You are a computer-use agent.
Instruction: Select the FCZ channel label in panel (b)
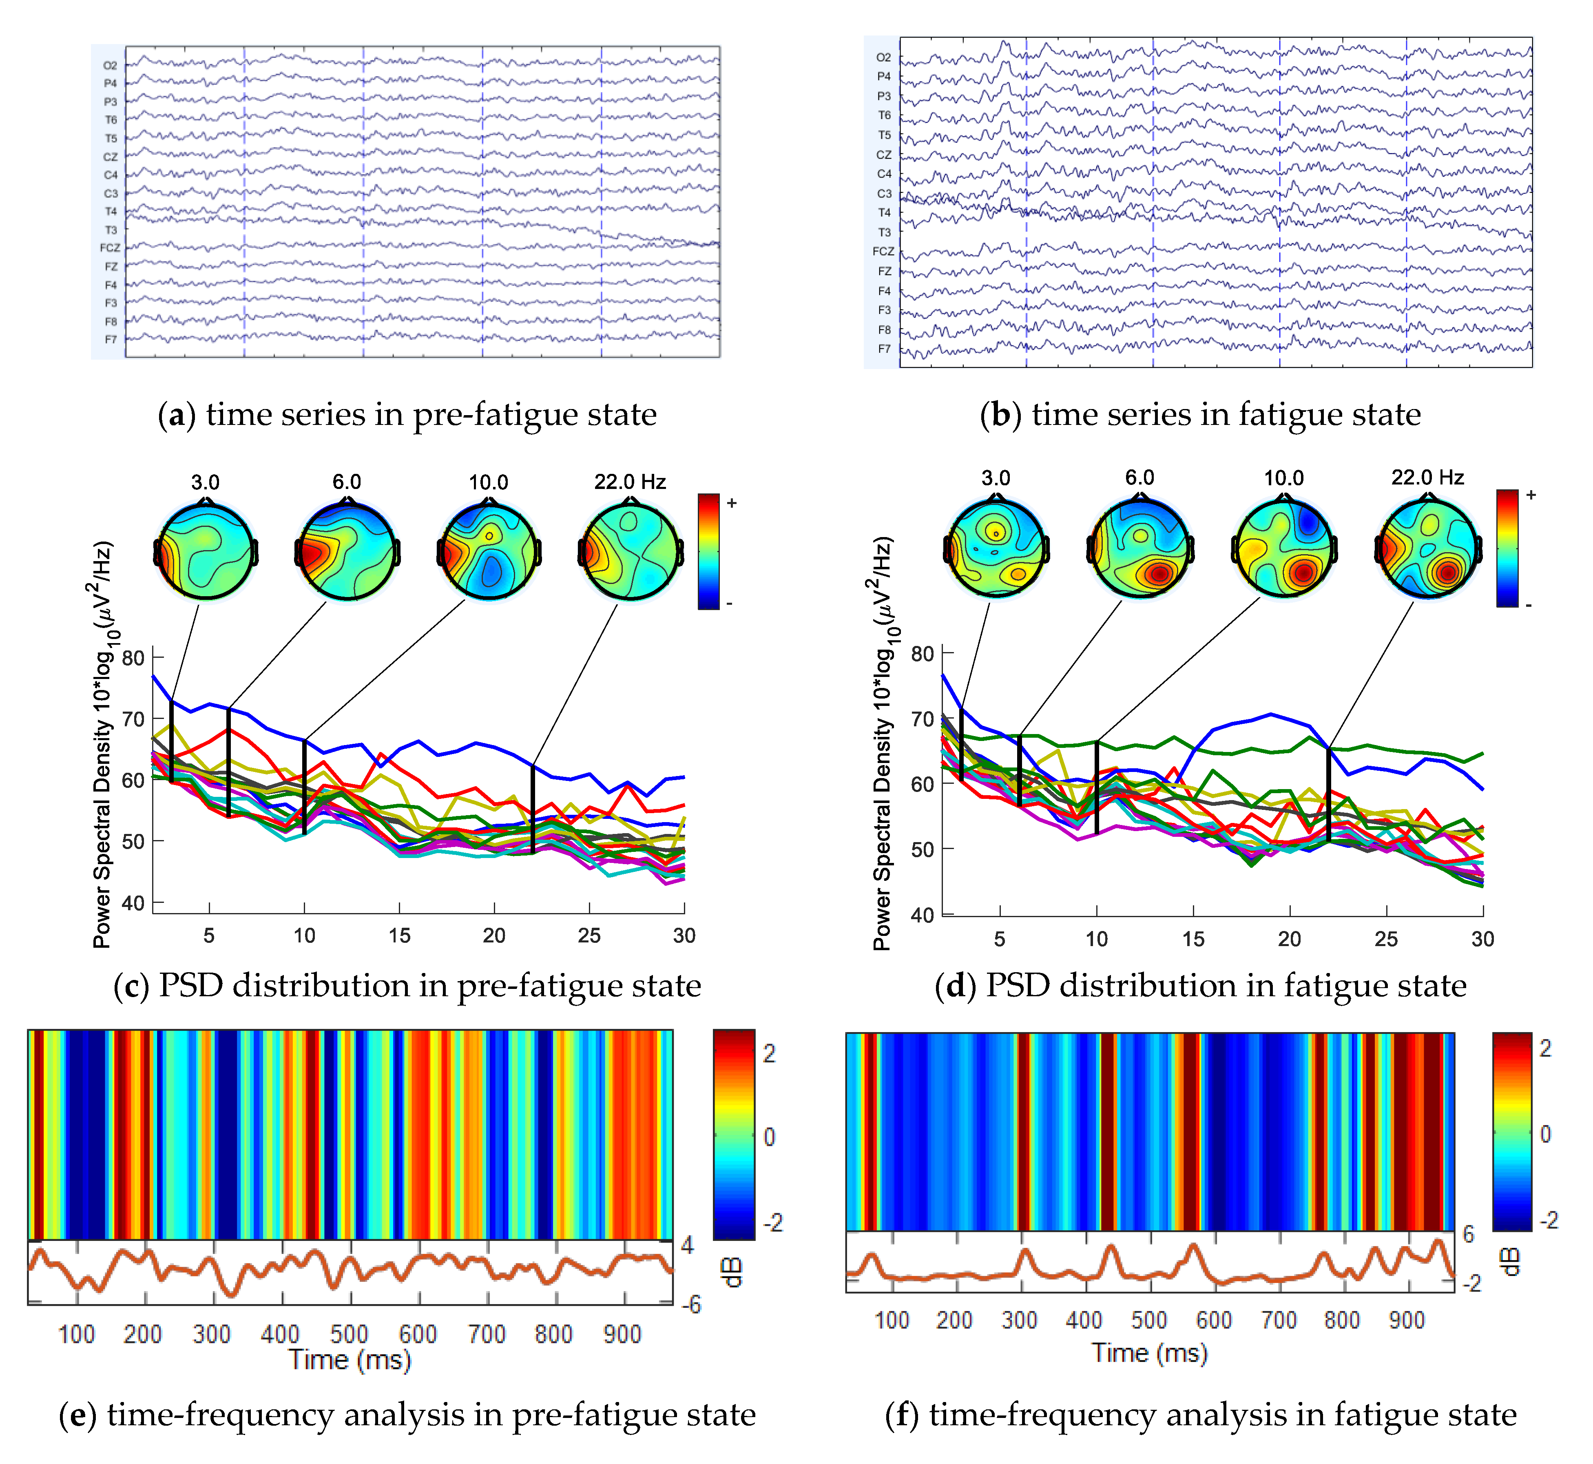[883, 251]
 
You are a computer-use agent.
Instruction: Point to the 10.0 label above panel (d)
[1283, 478]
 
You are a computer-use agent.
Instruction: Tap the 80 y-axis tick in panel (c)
[133, 657]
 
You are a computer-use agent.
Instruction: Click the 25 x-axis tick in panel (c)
[589, 935]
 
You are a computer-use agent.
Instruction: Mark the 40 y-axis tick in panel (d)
[922, 915]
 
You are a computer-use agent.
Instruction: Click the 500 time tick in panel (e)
[349, 1334]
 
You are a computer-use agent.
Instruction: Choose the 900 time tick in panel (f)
[1406, 1320]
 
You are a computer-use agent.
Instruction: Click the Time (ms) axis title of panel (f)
[1148, 1352]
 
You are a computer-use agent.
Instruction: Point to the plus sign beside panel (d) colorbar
[1531, 495]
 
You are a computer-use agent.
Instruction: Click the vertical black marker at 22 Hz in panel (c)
[533, 808]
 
